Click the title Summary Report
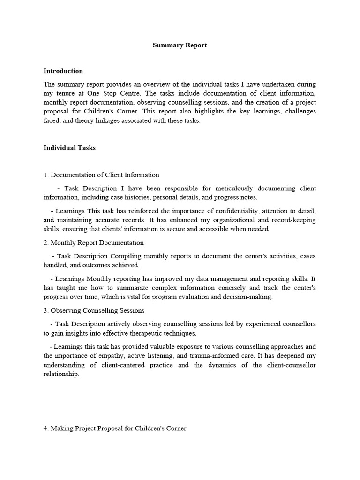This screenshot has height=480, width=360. tap(180, 45)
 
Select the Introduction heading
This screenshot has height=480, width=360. tap(63, 71)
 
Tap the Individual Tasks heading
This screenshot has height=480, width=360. tap(69, 148)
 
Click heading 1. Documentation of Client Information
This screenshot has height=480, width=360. tap(101, 175)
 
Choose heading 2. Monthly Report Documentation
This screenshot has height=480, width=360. tap(94, 243)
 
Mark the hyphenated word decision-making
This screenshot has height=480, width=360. tap(249, 297)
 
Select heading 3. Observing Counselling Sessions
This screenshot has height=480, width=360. tap(94, 310)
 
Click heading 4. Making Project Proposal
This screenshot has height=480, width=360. tap(115, 428)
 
